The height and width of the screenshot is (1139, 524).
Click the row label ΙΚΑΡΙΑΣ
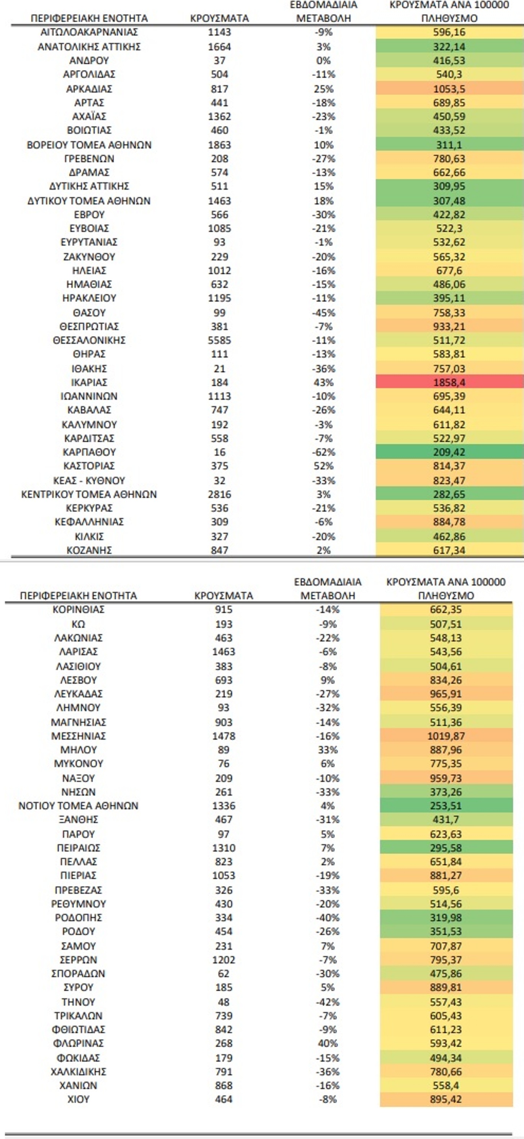point(89,382)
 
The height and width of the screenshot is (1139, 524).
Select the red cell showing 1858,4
point(449,382)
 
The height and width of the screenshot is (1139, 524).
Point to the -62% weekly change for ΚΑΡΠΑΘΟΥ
point(324,452)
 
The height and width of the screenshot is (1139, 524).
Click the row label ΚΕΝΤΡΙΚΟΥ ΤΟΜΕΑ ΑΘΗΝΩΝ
point(89,494)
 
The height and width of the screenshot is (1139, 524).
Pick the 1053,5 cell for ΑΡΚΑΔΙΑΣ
point(449,89)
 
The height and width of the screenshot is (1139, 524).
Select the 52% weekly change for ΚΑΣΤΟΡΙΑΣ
point(324,466)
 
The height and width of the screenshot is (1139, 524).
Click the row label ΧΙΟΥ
point(78,1099)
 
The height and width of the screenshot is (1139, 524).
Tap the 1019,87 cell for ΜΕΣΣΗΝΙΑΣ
point(446,736)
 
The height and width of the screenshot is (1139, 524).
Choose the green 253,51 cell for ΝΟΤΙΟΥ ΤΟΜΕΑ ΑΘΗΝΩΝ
point(446,806)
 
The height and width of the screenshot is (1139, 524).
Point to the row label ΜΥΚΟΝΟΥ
point(78,764)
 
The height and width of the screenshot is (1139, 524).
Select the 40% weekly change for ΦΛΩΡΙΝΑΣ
point(328,1043)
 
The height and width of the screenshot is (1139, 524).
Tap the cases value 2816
point(219,494)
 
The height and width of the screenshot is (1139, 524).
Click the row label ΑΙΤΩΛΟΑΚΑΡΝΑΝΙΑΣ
point(89,32)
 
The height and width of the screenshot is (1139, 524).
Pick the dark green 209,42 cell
point(449,452)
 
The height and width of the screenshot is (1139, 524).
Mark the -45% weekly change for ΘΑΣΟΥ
point(324,313)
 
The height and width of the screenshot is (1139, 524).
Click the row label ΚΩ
point(78,624)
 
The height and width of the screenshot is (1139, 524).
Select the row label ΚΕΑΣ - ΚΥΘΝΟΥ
point(89,481)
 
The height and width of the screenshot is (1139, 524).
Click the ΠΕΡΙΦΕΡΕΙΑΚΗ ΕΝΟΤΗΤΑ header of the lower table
point(78,596)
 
